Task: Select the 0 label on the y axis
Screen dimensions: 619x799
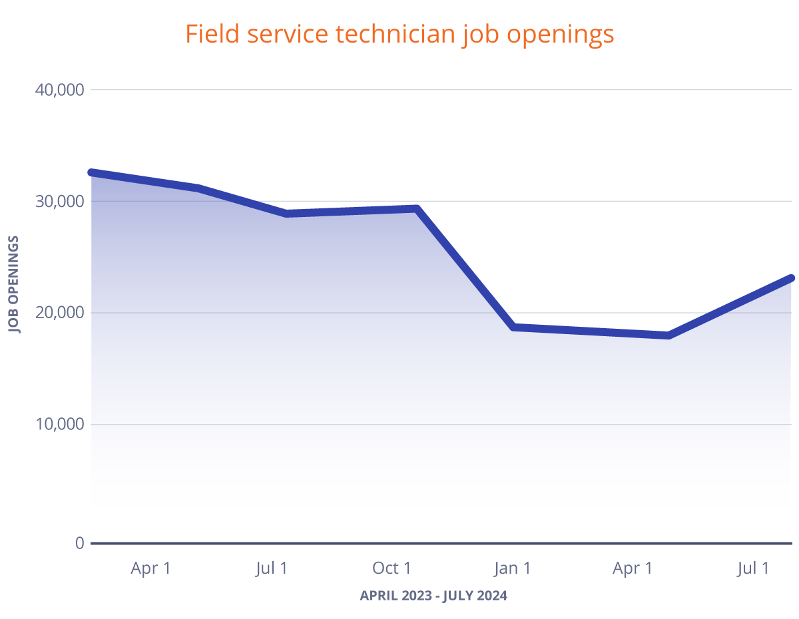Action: click(79, 543)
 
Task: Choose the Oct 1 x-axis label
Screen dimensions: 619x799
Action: click(392, 568)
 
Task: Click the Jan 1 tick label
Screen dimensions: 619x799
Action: click(512, 568)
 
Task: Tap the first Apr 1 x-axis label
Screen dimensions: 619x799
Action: click(150, 568)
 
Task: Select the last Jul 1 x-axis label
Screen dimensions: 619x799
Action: click(754, 568)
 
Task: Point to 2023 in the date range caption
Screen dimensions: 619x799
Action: click(413, 596)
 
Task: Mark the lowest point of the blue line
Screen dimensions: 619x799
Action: click(668, 335)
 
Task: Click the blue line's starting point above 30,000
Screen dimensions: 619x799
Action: click(92, 172)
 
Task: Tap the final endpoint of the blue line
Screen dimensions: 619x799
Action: click(790, 278)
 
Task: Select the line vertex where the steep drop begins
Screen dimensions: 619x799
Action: click(417, 209)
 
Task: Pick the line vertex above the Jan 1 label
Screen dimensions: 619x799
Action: click(513, 327)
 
